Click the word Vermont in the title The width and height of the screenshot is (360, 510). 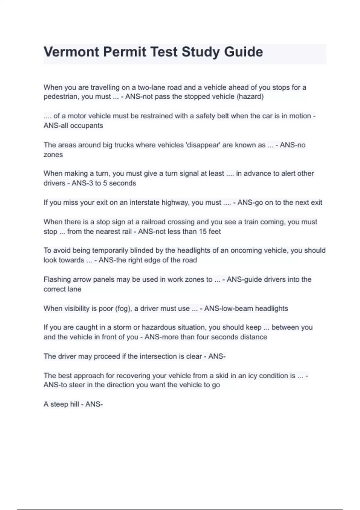click(x=71, y=52)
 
